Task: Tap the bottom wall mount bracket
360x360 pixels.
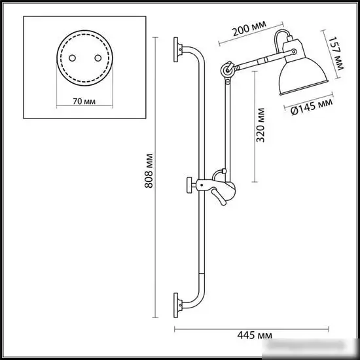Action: [178, 302]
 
